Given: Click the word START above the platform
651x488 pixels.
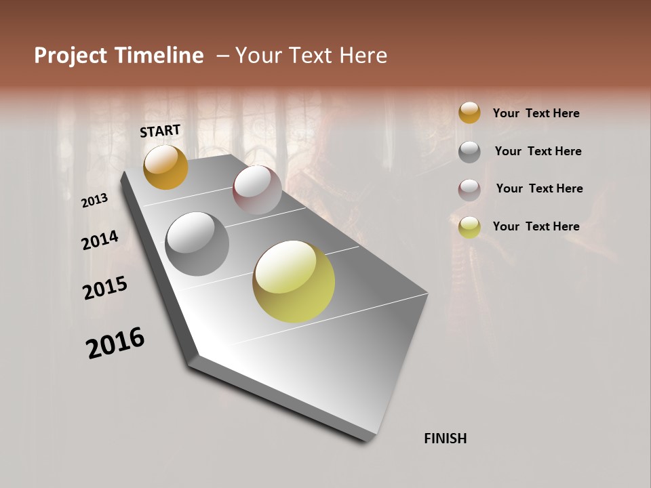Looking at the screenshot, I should [160, 131].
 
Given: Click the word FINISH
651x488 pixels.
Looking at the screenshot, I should [446, 439].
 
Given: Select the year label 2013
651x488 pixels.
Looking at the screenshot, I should [95, 201].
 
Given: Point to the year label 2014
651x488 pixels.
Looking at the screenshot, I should [100, 241].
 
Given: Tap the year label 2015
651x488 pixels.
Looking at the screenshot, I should [105, 288].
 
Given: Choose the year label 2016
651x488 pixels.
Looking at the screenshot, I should [115, 343].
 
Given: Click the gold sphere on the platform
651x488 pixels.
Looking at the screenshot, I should [165, 167].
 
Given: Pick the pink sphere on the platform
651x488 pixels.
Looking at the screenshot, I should [257, 190].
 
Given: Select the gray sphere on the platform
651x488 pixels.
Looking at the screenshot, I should [197, 243].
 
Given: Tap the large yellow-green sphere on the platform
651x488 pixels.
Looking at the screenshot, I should [294, 281].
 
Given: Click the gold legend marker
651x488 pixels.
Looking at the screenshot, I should [469, 113].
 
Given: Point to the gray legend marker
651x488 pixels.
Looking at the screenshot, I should [469, 152].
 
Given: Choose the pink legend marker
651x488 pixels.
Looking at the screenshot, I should [469, 190].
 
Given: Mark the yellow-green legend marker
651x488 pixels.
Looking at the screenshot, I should [469, 227].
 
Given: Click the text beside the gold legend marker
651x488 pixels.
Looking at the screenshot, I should [536, 113].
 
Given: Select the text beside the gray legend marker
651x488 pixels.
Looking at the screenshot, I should [538, 151].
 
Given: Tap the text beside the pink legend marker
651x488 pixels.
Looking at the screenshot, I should [539, 188].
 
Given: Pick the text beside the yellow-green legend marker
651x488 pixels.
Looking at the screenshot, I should [536, 226].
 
